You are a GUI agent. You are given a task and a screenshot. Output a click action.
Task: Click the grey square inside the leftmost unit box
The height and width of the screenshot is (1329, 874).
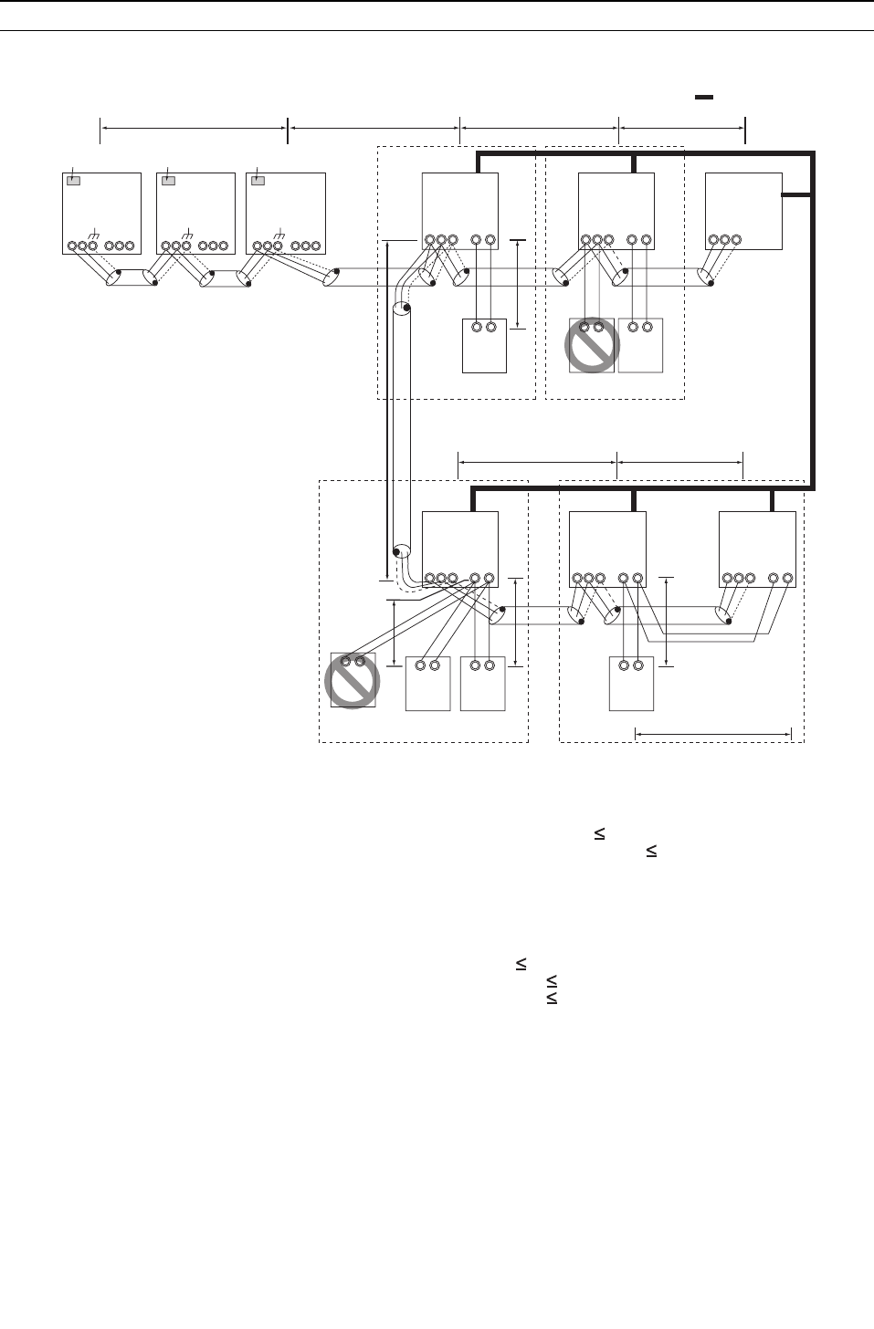click(x=74, y=181)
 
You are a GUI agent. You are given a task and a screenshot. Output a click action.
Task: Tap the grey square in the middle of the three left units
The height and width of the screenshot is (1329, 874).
click(x=168, y=181)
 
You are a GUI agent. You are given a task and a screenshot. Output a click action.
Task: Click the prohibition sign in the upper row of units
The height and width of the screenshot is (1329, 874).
click(x=592, y=345)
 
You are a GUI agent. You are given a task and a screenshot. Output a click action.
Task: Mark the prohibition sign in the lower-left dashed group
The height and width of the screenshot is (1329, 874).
click(x=353, y=681)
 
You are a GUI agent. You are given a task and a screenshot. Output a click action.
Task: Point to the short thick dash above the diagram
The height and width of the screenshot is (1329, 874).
click(x=703, y=96)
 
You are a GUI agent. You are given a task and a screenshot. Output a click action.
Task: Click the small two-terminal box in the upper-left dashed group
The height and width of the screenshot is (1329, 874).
click(x=484, y=345)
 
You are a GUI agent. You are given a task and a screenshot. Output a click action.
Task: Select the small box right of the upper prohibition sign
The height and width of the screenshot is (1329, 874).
click(x=640, y=345)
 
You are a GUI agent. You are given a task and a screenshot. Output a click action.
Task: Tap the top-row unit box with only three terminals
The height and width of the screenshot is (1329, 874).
click(x=743, y=211)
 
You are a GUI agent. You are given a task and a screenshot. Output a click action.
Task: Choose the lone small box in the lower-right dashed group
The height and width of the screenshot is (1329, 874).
click(x=631, y=683)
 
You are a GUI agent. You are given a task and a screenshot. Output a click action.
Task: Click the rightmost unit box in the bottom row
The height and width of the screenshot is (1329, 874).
click(x=757, y=549)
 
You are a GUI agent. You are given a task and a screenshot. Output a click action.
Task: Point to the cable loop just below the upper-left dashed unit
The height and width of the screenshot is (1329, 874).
click(x=401, y=311)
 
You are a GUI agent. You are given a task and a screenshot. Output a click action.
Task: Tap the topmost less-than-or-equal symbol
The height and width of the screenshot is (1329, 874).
click(x=601, y=833)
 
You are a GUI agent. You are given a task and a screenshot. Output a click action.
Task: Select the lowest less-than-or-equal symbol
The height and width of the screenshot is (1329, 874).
click(x=552, y=1000)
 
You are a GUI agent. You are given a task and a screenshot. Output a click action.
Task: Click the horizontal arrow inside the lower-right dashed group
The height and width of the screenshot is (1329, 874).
click(x=713, y=733)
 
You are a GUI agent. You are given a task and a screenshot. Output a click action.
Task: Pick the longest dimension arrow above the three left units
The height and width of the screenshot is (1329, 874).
click(x=194, y=130)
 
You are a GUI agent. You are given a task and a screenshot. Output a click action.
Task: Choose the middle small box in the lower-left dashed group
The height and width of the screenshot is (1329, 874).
click(x=427, y=683)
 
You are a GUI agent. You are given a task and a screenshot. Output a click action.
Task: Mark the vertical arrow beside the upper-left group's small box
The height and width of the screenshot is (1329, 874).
click(x=517, y=284)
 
